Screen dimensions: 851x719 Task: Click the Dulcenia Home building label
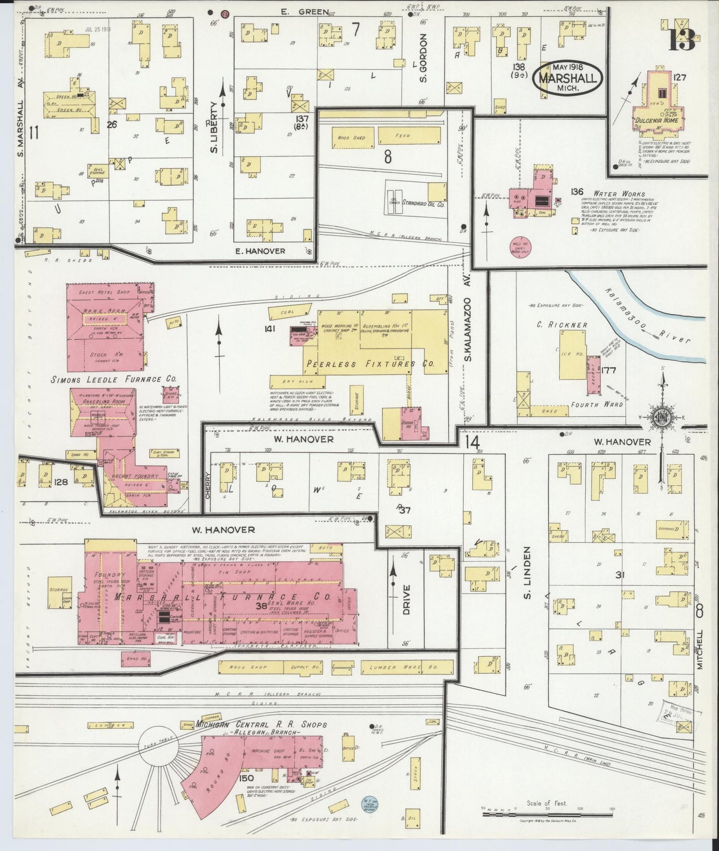[x=657, y=120]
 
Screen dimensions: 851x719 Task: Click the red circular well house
[x=520, y=247]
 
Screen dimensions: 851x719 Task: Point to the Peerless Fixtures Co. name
[x=370, y=364]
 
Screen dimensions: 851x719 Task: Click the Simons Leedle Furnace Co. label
[x=114, y=379]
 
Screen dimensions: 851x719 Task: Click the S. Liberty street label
[x=214, y=127]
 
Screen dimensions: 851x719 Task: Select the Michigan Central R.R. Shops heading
[x=262, y=724]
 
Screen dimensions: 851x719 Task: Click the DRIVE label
[x=407, y=600]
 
